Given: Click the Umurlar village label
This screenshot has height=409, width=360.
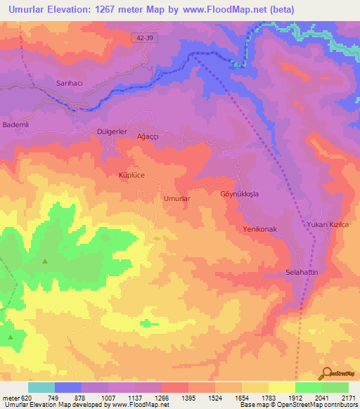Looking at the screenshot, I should [x=177, y=199].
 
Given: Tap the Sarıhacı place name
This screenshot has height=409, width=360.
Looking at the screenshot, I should [x=70, y=83].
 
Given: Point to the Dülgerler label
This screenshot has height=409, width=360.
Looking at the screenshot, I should [x=111, y=131].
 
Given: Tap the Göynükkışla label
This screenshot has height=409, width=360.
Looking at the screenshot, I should [x=240, y=193].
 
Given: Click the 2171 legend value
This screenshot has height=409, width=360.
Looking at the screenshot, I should [x=347, y=397].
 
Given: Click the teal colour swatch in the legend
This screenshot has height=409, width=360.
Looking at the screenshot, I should [x=41, y=387].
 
